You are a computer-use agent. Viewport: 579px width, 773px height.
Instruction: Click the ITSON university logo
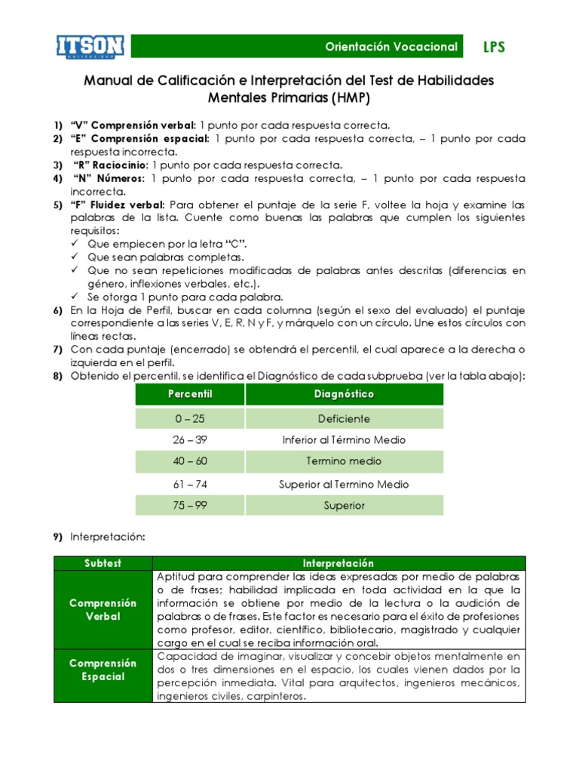tap(90, 46)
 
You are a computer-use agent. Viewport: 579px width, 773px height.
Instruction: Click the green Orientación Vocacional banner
tap(391, 47)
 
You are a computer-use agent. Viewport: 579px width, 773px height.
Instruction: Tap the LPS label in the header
tap(494, 48)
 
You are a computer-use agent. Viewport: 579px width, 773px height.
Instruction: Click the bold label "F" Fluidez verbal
tap(118, 205)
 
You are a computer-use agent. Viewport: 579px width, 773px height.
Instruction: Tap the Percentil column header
tap(190, 395)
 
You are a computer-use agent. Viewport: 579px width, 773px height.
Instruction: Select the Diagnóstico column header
tap(344, 395)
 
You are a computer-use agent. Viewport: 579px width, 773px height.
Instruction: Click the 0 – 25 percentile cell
tap(190, 418)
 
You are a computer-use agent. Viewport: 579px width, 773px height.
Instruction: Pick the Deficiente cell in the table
tap(344, 418)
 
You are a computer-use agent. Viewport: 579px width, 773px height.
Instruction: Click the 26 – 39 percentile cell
tap(190, 440)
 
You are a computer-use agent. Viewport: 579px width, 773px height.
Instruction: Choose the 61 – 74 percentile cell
tap(190, 484)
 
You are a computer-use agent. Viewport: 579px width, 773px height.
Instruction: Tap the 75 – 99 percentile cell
tap(190, 506)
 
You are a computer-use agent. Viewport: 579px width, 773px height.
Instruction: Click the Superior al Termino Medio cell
tap(344, 484)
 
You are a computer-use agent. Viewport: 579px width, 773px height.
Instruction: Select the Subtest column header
tap(103, 563)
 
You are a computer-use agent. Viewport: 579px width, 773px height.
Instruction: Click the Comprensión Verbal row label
tap(103, 610)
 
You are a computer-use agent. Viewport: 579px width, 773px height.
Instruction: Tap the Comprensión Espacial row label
tap(103, 670)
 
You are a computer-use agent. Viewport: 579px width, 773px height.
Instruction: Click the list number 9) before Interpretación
tap(57, 537)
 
